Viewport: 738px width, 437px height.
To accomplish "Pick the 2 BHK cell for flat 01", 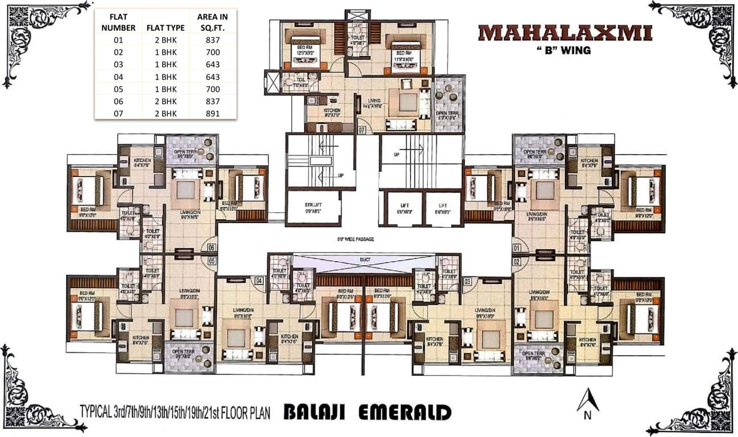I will tap(161, 40).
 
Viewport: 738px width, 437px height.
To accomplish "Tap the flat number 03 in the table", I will tap(118, 64).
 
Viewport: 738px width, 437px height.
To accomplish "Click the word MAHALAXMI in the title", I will tap(565, 32).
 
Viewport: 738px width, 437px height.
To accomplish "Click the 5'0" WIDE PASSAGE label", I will tap(356, 239).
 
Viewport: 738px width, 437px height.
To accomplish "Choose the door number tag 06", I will tap(212, 248).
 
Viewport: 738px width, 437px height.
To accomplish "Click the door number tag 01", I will tap(517, 248).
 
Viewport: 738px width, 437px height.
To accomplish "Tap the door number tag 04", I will tap(259, 281).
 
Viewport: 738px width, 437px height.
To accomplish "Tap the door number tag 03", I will tap(467, 281).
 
